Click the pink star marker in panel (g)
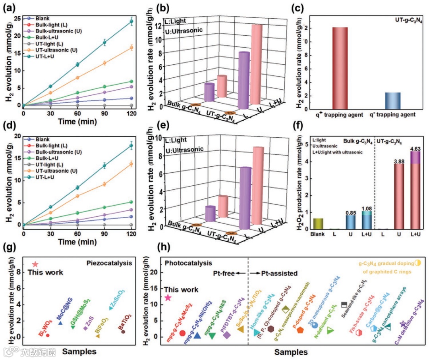click(35, 264)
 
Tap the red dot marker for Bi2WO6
click(48, 335)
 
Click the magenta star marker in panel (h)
click(168, 298)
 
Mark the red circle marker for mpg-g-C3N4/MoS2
click(182, 333)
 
